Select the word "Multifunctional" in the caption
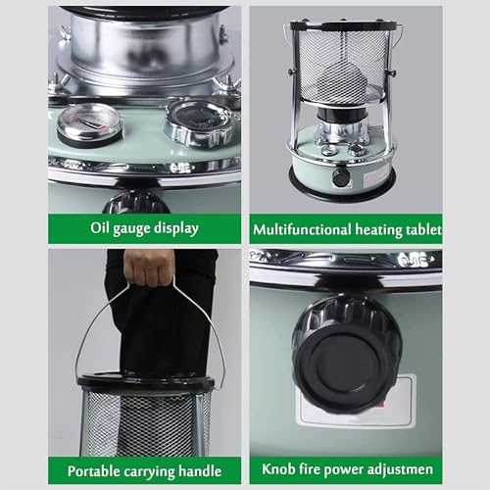click(x=302, y=229)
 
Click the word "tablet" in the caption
click(x=423, y=229)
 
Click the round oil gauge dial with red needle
click(x=89, y=123)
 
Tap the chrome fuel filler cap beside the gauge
click(x=200, y=122)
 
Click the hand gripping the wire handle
click(x=149, y=268)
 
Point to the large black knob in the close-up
click(x=347, y=355)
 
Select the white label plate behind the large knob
click(x=357, y=402)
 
